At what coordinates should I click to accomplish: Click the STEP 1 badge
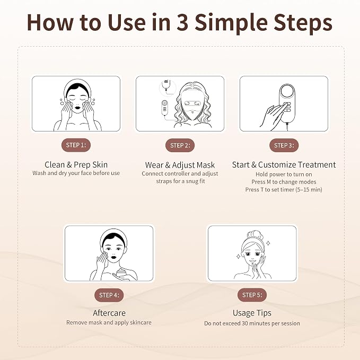tap(76, 145)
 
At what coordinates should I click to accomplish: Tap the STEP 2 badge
tap(180, 145)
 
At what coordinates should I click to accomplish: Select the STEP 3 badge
tap(284, 145)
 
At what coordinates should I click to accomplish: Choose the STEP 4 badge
tap(109, 295)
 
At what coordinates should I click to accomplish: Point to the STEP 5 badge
tap(252, 295)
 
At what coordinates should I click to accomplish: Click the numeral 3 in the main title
tap(182, 22)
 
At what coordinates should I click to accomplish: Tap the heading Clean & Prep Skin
tap(76, 164)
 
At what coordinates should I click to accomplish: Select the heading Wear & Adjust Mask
tap(180, 165)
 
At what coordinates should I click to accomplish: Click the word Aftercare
tap(109, 313)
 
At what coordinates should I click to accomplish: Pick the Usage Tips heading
tap(252, 313)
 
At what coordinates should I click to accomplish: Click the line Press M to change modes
tap(284, 182)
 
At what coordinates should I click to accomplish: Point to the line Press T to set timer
tap(284, 190)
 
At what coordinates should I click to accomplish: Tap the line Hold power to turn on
tap(284, 174)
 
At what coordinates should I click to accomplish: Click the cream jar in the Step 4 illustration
tap(122, 274)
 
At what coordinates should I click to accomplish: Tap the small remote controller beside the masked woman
tap(164, 108)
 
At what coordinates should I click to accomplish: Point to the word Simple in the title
tap(231, 23)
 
